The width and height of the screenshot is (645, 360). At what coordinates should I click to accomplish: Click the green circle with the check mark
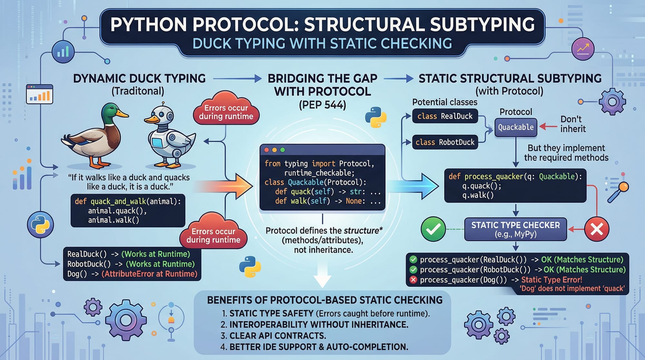coord(433,229)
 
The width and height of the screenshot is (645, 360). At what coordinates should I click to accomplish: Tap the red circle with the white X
coord(597,229)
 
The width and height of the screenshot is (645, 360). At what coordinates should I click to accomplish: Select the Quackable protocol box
coord(516,127)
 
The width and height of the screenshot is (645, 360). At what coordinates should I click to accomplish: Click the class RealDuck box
coord(445,116)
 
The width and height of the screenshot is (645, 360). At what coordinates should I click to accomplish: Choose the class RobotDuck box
coord(445,142)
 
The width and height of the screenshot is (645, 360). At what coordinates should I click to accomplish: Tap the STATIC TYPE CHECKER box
coord(515,229)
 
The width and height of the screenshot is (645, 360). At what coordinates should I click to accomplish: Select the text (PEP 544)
coord(322,105)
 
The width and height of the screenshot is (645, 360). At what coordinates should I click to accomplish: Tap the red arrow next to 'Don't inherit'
coord(548,126)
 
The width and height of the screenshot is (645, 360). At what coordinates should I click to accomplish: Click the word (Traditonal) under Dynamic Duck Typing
coord(138,91)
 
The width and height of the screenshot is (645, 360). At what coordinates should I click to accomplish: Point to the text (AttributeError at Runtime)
coord(149,274)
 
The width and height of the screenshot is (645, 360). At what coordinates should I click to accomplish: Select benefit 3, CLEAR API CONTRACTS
coord(277,336)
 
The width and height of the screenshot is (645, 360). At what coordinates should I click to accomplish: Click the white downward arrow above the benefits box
coord(322,276)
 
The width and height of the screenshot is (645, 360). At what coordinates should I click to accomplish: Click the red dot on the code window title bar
coord(266,150)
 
